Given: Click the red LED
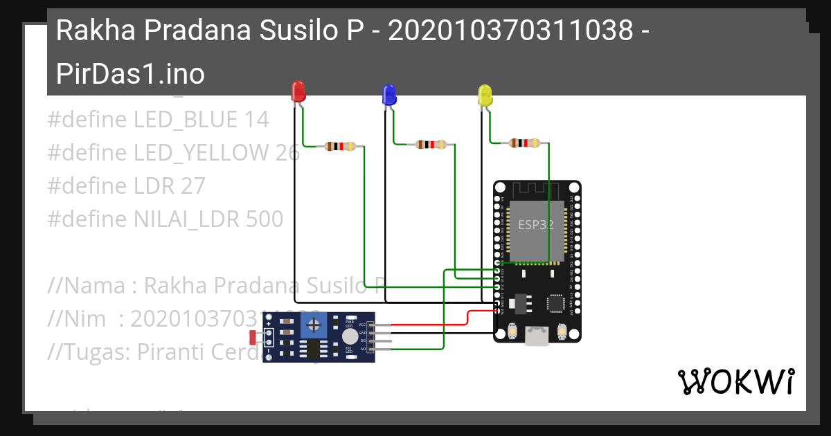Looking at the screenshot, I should coord(298,91).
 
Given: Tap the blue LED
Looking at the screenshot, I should coord(389,95).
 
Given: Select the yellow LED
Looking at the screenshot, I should coord(485,95).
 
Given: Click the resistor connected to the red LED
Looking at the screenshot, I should coord(340,146).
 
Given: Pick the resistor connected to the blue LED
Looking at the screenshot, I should coord(431,145).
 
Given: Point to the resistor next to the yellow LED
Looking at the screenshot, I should coord(524,143).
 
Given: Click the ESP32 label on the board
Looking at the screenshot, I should coord(536,225).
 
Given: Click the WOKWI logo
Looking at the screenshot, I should coord(735,381).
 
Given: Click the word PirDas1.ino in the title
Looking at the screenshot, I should coord(130,74).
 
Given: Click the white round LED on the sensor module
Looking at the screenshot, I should coord(350,336).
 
